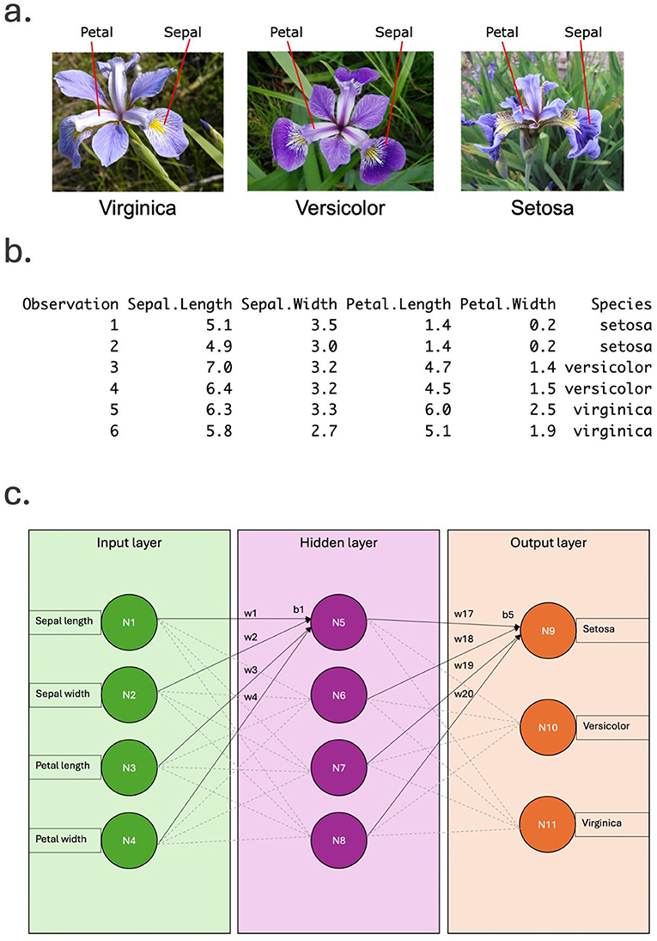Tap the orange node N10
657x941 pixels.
coord(548,728)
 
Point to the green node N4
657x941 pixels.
coord(128,839)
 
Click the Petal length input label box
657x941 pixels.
coord(64,765)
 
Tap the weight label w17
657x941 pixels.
coord(464,614)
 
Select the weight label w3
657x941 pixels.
coord(251,669)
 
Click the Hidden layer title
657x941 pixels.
coord(338,543)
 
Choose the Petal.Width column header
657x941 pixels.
coord(508,304)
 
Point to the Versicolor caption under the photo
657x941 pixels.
coord(339,208)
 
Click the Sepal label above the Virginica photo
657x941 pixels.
coord(182,33)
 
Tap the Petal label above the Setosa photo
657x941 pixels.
coord(502,33)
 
